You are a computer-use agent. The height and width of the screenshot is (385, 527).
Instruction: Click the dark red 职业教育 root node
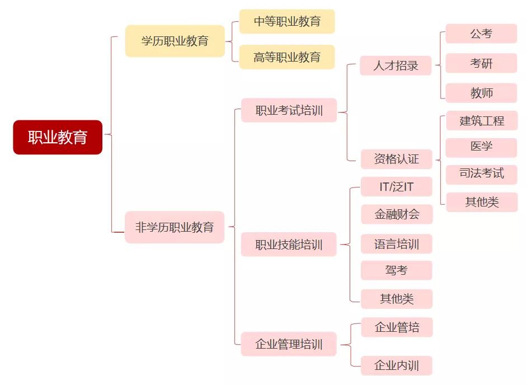(58, 137)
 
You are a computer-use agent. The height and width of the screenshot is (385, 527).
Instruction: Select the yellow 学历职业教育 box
(175, 41)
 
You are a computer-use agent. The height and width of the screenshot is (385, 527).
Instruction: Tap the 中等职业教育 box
(287, 21)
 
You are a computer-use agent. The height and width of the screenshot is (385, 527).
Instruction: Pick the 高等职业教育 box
(287, 57)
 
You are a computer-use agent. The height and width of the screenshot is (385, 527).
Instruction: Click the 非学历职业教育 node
(175, 227)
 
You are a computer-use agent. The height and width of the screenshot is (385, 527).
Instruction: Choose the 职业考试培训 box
(289, 110)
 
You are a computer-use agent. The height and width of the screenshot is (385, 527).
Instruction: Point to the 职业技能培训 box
(289, 245)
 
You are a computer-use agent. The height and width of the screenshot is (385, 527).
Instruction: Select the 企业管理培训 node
(289, 344)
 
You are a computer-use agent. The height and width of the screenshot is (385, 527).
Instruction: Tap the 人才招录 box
(396, 65)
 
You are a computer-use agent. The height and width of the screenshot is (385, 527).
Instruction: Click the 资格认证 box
(397, 159)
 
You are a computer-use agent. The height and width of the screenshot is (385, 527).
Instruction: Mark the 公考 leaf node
(481, 34)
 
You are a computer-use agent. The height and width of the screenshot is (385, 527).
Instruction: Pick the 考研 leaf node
(481, 63)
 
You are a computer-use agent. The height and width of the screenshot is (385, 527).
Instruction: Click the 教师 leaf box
(481, 93)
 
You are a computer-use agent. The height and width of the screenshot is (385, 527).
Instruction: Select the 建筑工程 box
(482, 121)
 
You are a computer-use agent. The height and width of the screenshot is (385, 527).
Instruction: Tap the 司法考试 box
(481, 175)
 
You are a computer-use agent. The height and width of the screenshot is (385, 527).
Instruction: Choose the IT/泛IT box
(397, 186)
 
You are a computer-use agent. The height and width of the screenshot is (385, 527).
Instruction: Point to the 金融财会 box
(397, 214)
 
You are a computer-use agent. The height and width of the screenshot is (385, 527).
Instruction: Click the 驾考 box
(397, 270)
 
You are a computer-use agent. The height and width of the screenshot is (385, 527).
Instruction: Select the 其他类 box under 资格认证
(482, 202)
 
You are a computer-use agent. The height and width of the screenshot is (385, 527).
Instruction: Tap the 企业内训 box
(397, 365)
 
